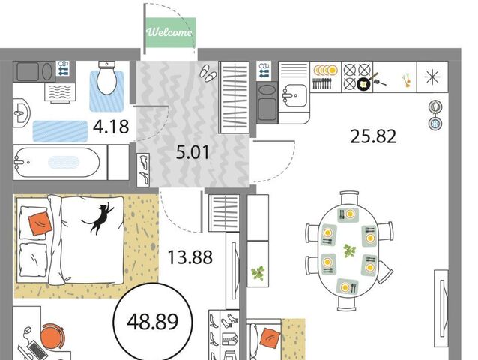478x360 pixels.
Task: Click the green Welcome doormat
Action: tap(170, 32)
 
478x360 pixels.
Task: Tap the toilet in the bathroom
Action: tap(106, 77)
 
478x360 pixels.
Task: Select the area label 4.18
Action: tap(111, 127)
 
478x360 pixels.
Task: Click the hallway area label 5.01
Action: tap(193, 152)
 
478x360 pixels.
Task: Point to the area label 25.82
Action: tap(373, 136)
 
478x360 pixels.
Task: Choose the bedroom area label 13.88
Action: tap(190, 257)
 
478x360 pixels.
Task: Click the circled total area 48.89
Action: tap(152, 322)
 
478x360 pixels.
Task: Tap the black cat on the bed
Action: tap(98, 217)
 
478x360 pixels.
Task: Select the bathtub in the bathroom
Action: tap(57, 162)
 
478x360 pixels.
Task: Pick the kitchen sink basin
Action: tap(294, 95)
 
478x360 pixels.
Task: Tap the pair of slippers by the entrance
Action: tap(208, 73)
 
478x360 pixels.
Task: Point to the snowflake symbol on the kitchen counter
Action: tap(432, 76)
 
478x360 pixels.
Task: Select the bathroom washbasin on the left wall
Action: tap(21, 113)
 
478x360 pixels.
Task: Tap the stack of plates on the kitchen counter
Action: tap(326, 70)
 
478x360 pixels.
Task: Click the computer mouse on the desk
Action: tap(28, 331)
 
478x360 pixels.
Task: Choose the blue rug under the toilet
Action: tap(106, 91)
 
